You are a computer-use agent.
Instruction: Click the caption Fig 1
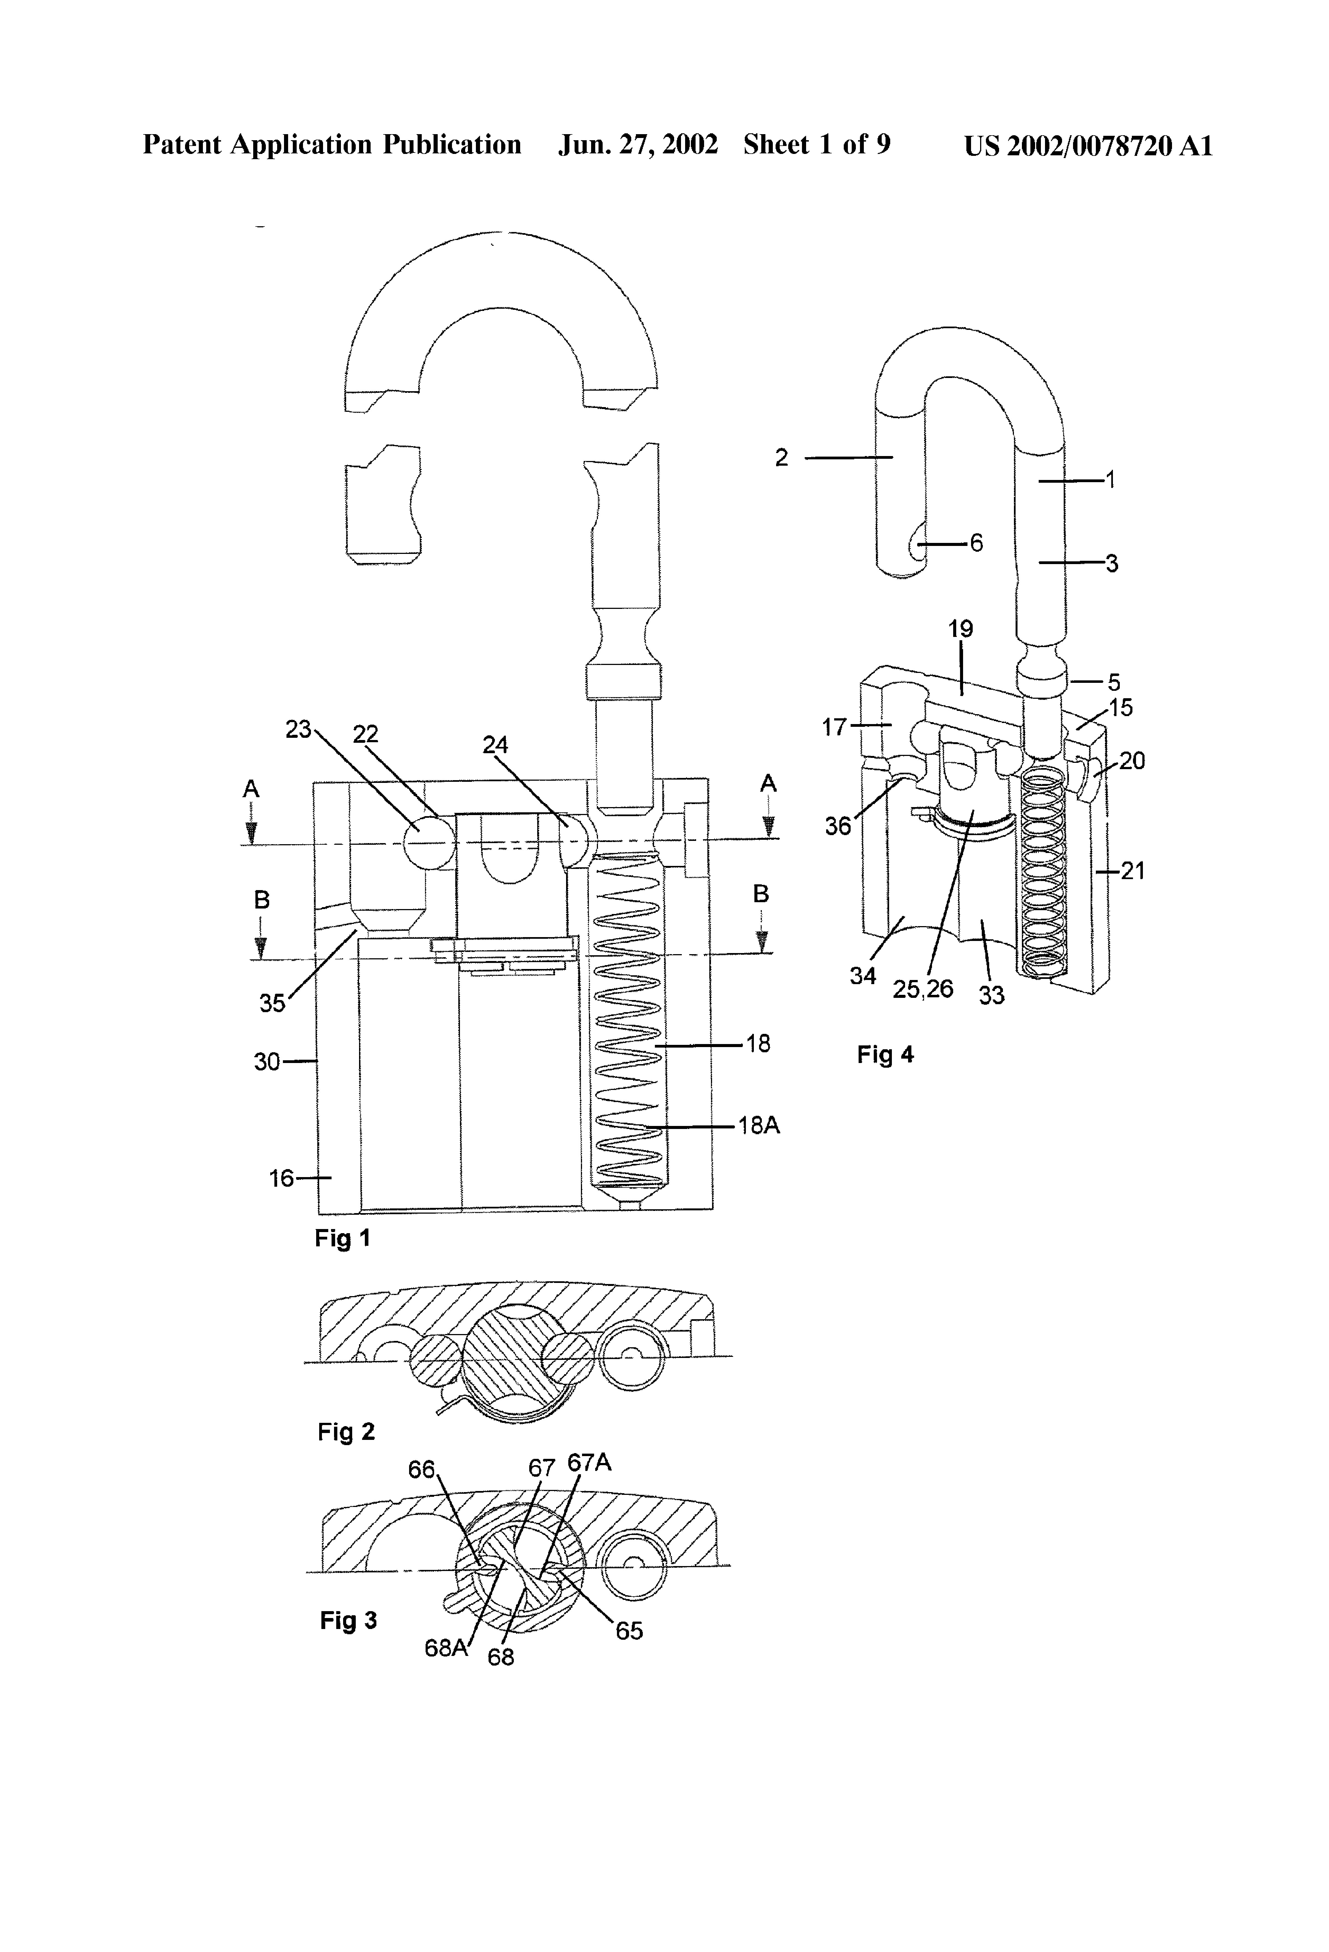[342, 1238]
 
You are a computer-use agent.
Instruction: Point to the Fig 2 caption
[345, 1431]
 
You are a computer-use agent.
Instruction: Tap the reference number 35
[272, 1003]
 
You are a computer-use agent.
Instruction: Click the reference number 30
[267, 1062]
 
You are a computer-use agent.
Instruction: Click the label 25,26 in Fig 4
[923, 989]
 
